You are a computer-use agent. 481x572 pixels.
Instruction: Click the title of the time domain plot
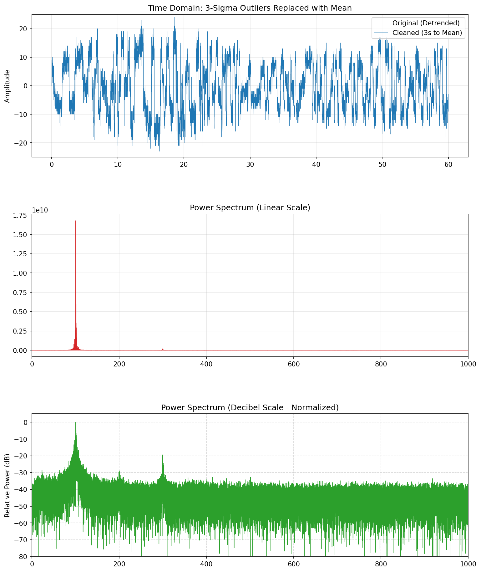(250, 8)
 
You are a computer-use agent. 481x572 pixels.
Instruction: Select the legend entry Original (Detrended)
(426, 23)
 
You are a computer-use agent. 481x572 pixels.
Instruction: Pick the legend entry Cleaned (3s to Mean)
(427, 33)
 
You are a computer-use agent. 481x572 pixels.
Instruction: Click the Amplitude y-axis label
(8, 86)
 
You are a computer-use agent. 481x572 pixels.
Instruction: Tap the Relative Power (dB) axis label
(8, 485)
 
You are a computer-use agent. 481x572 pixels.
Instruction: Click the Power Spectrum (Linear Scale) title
(250, 208)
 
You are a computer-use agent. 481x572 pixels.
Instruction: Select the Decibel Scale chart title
(250, 407)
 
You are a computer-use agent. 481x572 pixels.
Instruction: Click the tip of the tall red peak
(76, 221)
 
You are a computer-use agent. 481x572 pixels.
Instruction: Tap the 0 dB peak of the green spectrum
(76, 423)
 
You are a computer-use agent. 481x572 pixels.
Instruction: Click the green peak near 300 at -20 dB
(163, 455)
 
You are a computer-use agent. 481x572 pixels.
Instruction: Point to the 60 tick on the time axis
(448, 165)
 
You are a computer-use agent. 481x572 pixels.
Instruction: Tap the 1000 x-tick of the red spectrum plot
(468, 364)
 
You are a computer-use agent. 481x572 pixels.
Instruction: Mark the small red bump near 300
(163, 349)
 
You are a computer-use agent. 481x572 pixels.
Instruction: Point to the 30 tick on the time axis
(250, 165)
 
